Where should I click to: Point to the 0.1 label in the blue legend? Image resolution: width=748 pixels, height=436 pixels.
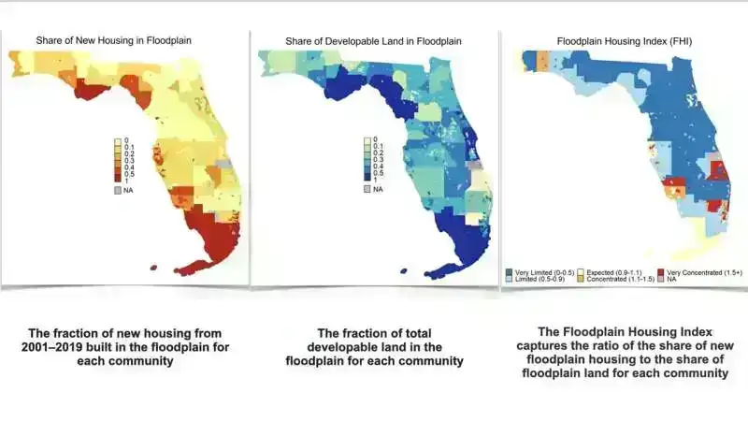point(378,147)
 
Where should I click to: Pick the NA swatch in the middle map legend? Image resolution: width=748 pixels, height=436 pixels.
point(367,190)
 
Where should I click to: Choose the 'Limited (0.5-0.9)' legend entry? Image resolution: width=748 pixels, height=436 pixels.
point(539,279)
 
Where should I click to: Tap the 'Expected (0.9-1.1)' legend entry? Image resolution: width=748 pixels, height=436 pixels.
point(619,271)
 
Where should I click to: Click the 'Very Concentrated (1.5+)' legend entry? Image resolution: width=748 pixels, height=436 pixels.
point(703,271)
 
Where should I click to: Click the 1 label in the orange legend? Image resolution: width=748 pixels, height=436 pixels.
point(126,180)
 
